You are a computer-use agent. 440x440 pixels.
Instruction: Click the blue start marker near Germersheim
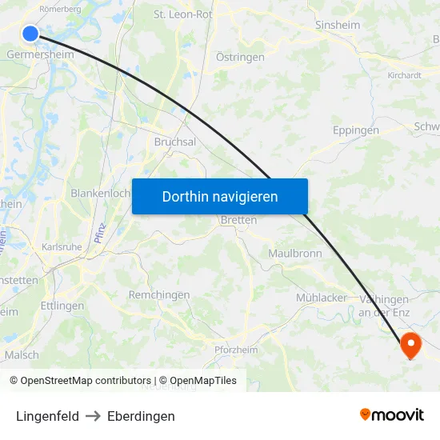click(x=30, y=33)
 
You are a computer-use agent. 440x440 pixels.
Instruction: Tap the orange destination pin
click(x=410, y=345)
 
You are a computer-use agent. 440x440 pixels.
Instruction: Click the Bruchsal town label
click(x=174, y=141)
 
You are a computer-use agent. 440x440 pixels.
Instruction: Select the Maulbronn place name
click(x=294, y=253)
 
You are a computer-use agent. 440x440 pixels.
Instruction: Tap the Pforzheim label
click(x=236, y=350)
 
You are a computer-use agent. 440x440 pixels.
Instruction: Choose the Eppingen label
click(x=355, y=130)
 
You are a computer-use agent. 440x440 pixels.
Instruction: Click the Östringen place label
click(x=240, y=57)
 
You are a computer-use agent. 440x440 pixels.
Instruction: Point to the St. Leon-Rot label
click(x=182, y=14)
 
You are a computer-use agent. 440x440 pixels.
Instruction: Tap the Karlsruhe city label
click(x=62, y=247)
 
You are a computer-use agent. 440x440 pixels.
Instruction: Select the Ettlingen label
click(x=62, y=306)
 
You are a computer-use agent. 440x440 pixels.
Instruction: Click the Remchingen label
click(x=159, y=294)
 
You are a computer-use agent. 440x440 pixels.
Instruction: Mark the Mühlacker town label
click(x=322, y=298)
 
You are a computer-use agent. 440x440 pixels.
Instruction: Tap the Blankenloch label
click(x=100, y=193)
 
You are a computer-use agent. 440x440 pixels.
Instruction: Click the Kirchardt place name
click(x=404, y=75)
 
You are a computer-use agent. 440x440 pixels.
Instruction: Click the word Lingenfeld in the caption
click(x=48, y=416)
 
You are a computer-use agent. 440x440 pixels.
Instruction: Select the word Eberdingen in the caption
click(x=141, y=416)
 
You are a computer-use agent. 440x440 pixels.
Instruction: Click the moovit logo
click(x=392, y=414)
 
